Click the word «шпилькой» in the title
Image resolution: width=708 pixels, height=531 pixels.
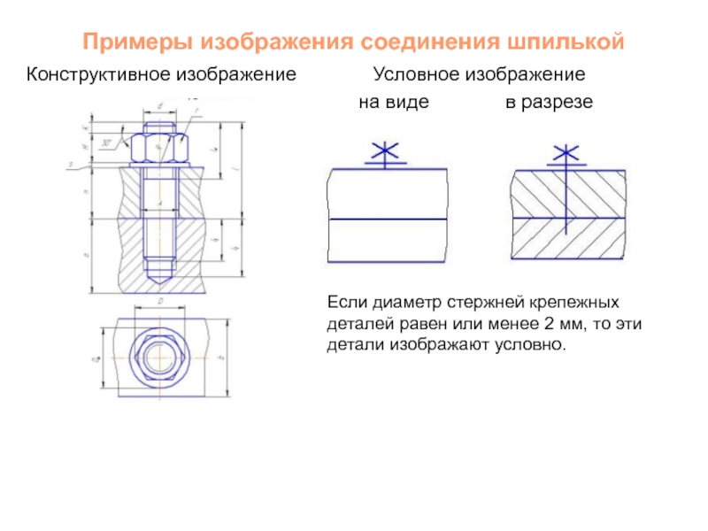point(568,42)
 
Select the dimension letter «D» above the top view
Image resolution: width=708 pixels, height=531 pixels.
point(160,302)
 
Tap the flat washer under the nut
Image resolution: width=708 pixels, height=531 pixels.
point(159,165)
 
